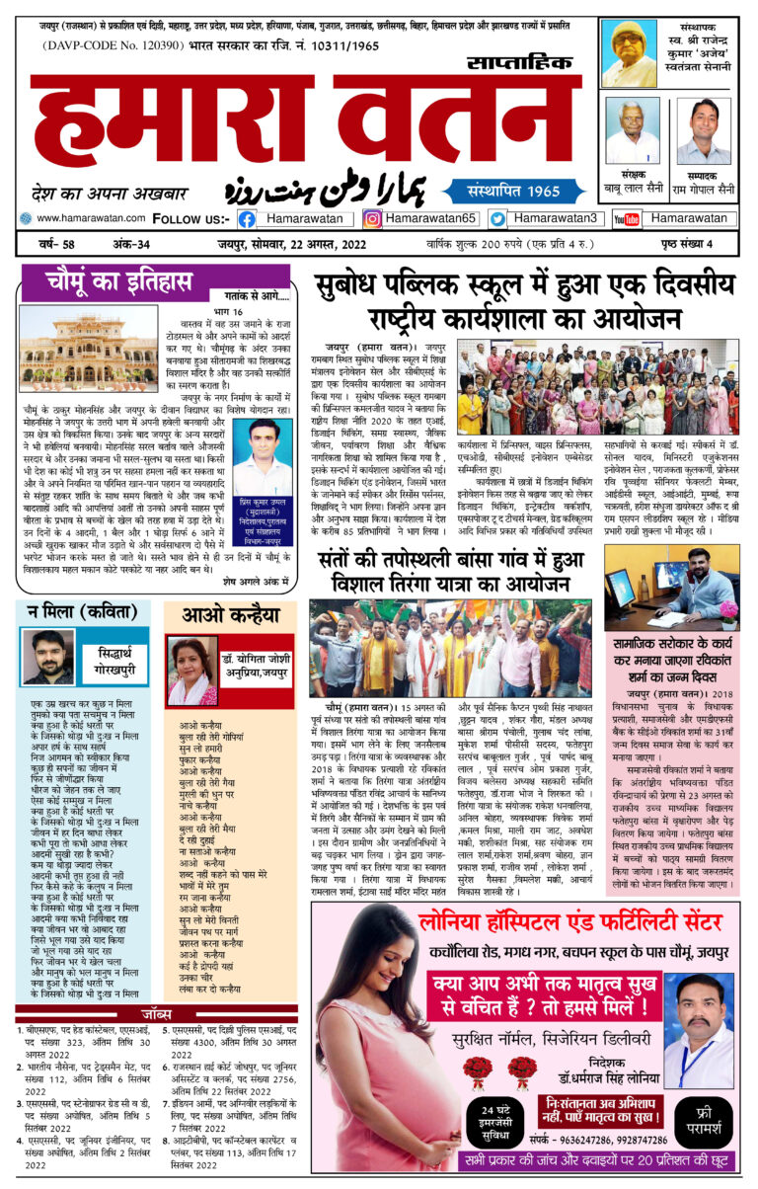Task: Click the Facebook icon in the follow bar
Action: pyautogui.click(x=247, y=218)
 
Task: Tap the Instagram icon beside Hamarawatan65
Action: pyautogui.click(x=373, y=218)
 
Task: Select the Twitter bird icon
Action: pyautogui.click(x=497, y=218)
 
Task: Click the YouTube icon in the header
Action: pyautogui.click(x=626, y=218)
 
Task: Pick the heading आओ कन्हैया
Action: pyautogui.click(x=229, y=614)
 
